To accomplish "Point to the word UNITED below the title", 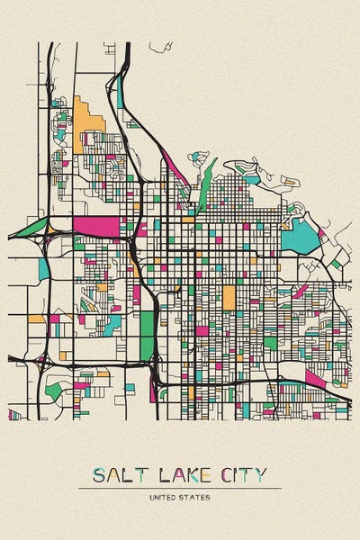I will point(166,497).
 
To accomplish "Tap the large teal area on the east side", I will point(301,237).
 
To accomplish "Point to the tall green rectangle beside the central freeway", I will point(147,333).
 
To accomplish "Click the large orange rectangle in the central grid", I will point(229,297).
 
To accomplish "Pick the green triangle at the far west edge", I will point(29,228).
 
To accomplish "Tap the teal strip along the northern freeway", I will point(120,92).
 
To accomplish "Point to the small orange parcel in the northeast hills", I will point(290,181).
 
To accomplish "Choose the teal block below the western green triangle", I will point(43,267).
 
